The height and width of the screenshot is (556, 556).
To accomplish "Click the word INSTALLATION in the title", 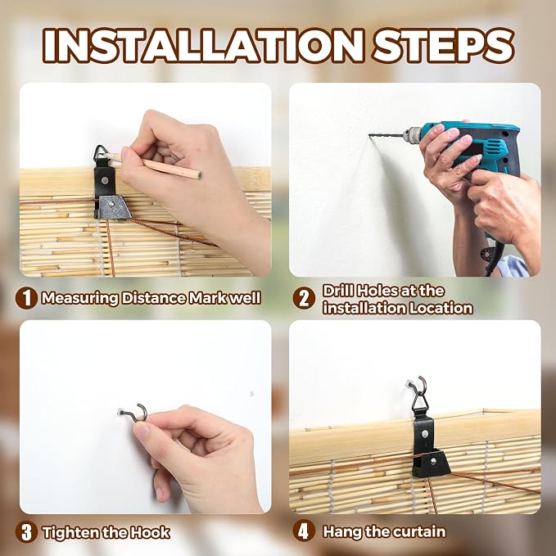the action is [204, 46].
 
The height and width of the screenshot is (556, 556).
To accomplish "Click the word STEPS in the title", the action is [444, 46].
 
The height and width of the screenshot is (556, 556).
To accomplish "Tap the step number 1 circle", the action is [26, 298].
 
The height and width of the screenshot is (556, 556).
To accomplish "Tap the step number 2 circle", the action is [304, 298].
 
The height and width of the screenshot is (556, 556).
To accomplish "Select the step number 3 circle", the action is [26, 532].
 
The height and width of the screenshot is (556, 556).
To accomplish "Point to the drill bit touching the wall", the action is [386, 135].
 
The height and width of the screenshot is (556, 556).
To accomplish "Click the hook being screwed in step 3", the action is [135, 413].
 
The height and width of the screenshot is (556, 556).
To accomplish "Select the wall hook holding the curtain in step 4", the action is [418, 384].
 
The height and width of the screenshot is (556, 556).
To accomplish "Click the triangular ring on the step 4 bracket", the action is [420, 403].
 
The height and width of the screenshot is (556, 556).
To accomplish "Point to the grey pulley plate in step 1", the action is [114, 207].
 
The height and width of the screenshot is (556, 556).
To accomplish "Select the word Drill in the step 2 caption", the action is [338, 291].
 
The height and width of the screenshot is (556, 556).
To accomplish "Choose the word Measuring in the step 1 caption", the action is [79, 298].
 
